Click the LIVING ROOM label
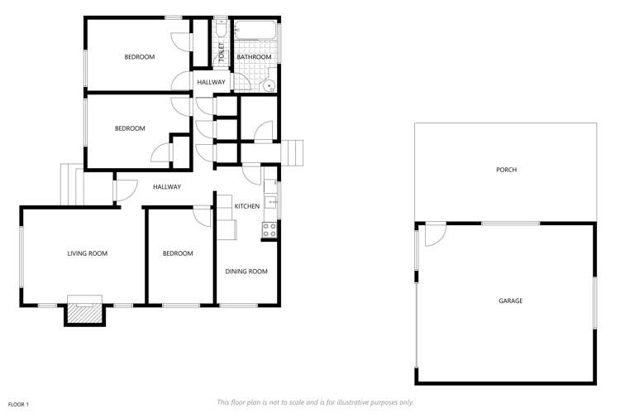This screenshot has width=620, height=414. click(x=88, y=253)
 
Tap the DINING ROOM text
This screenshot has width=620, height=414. click(x=246, y=271)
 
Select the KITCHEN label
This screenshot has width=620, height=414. click(x=247, y=206)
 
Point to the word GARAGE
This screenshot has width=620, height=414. click(x=510, y=301)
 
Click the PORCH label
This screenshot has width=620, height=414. click(x=506, y=170)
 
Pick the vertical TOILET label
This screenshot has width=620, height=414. click(x=221, y=53)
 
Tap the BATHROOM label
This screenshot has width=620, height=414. click(x=255, y=56)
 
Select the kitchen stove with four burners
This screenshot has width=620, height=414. click(x=269, y=230)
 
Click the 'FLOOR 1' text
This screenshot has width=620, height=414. click(x=17, y=403)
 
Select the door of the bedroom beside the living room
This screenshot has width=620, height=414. click(x=201, y=214)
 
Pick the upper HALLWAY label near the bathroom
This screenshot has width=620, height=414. click(x=211, y=82)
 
